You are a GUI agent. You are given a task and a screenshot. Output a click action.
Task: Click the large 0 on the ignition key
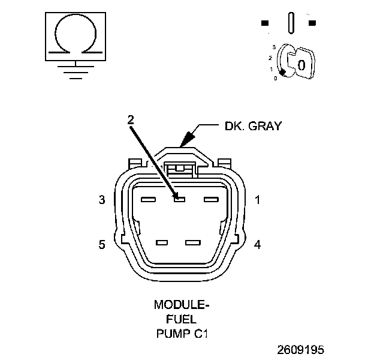[x=301, y=64]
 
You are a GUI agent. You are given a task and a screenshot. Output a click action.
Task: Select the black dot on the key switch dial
[x=282, y=71]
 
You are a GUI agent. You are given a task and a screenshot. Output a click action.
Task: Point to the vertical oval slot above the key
[x=291, y=23]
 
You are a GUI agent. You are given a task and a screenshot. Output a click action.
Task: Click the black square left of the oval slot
[x=265, y=23]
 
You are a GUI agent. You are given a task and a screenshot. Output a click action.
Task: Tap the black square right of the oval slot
[x=312, y=23]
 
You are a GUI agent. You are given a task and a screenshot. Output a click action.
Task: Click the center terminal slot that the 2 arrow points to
[x=178, y=199]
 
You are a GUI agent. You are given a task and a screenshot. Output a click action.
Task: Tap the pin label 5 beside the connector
[x=102, y=244]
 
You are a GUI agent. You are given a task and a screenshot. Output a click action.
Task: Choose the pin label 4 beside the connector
[x=257, y=244]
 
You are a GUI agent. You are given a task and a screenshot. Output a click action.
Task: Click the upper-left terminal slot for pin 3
[x=148, y=199]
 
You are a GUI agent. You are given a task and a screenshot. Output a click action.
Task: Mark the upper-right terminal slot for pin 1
[x=211, y=199]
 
